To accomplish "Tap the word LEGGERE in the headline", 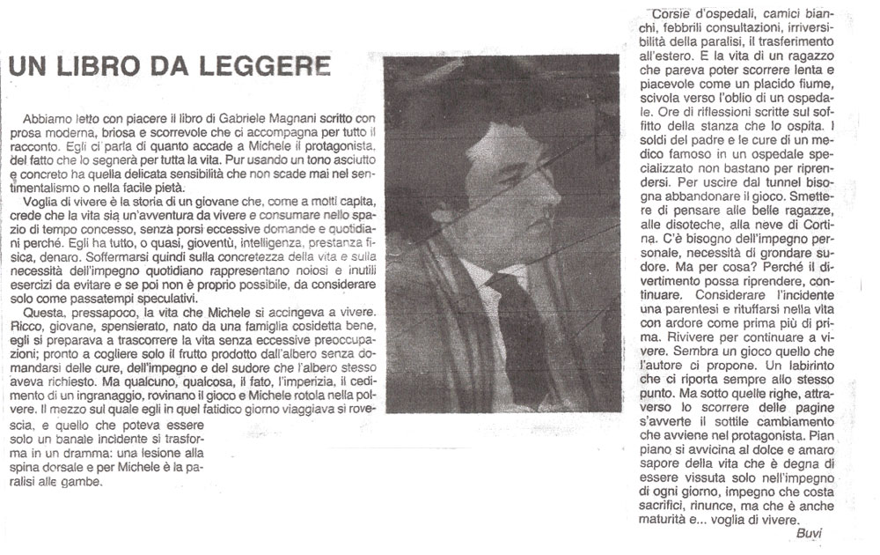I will coord(264,67).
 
